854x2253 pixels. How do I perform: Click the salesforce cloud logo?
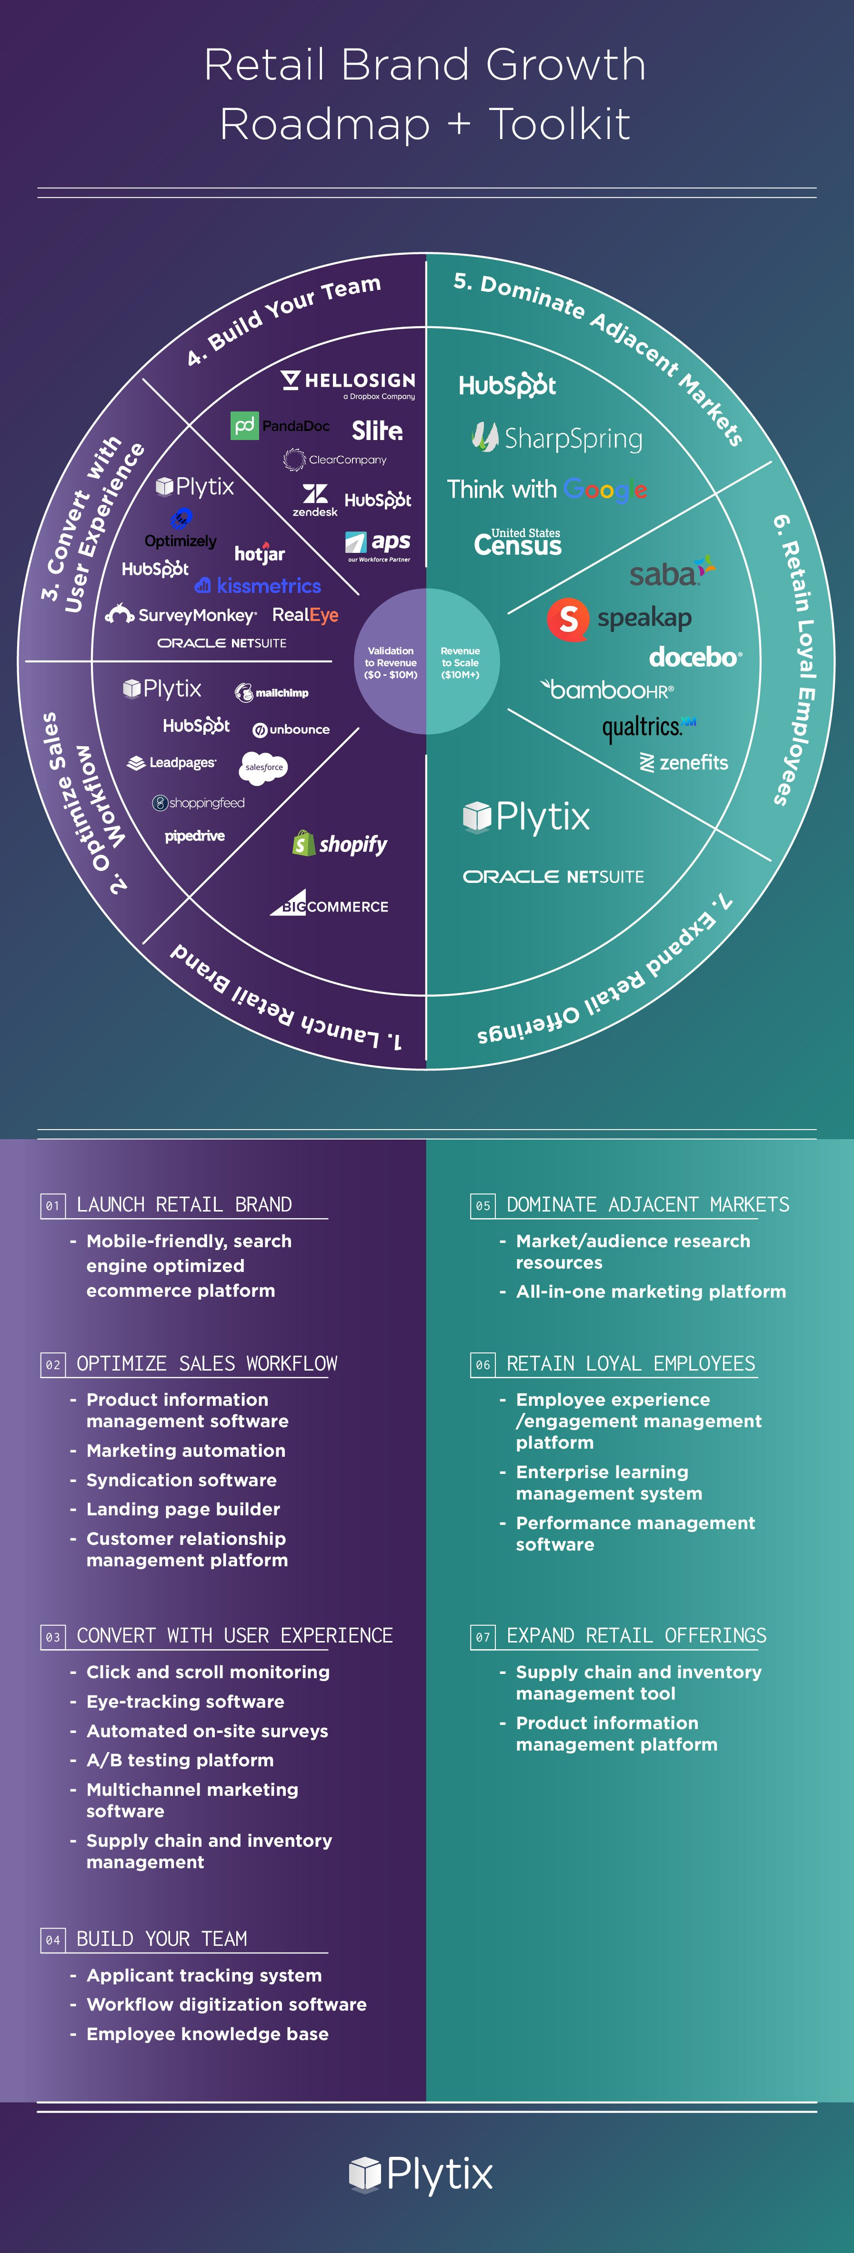click(x=263, y=767)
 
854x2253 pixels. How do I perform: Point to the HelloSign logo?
click(x=348, y=383)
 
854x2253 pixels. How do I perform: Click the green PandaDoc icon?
click(x=244, y=426)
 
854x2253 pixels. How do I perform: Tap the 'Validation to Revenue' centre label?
click(x=390, y=663)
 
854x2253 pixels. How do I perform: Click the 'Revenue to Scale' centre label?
click(x=460, y=663)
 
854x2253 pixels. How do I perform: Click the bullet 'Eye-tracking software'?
click(x=185, y=1701)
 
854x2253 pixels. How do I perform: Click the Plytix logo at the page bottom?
click(x=421, y=2174)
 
